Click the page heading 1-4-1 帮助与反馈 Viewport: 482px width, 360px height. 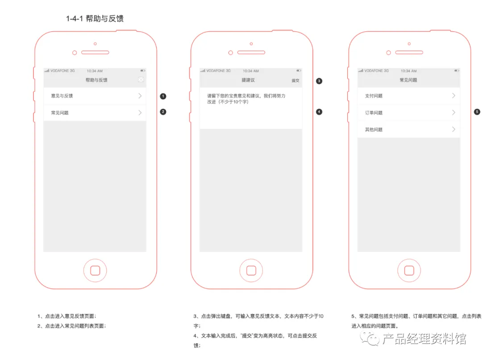pos(95,18)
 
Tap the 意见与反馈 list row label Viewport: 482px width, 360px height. pos(62,96)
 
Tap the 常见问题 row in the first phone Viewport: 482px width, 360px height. pos(60,113)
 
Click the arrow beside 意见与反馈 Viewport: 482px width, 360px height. pos(140,96)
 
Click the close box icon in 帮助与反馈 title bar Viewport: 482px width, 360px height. pos(141,80)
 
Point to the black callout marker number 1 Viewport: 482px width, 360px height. pos(163,96)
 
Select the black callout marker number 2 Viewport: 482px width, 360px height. pos(163,112)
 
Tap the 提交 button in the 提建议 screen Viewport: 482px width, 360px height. pos(295,80)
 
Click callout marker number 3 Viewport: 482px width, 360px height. pos(319,81)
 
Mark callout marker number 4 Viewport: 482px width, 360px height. pos(319,112)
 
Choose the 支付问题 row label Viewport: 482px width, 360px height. pos(374,96)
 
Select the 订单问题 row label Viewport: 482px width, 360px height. pos(374,113)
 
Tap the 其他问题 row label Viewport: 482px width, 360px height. pos(374,130)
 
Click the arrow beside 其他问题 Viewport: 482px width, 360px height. pos(454,129)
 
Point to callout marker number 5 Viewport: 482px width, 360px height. pos(477,112)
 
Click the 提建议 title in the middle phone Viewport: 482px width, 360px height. pos(248,80)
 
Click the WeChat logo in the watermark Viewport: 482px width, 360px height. pos(370,339)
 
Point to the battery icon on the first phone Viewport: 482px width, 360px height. pos(143,71)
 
